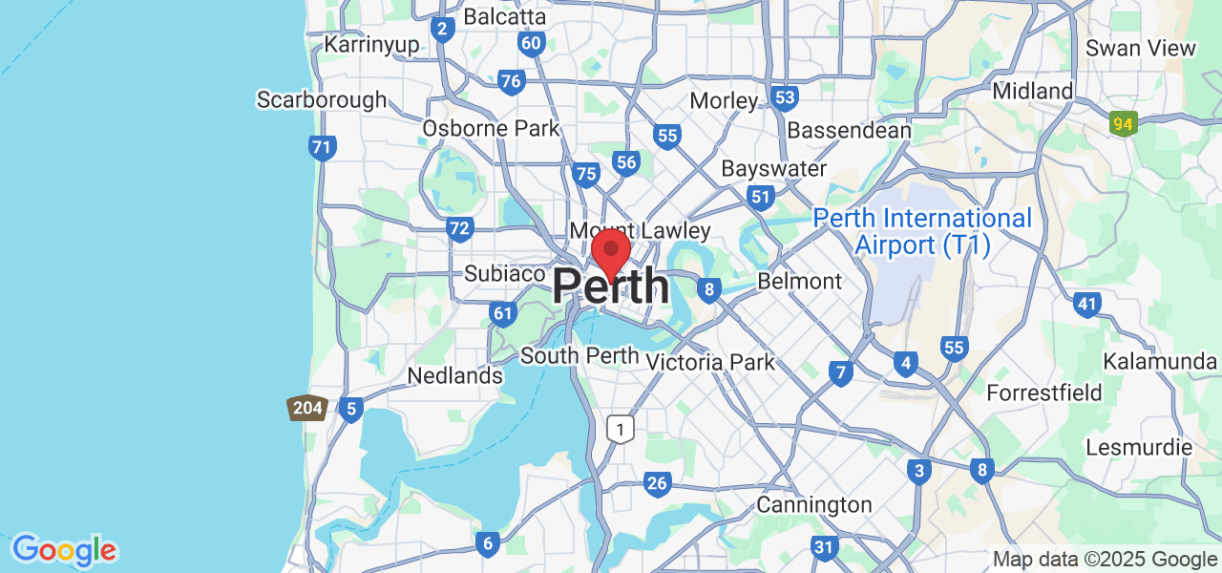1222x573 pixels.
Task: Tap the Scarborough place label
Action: [x=322, y=99]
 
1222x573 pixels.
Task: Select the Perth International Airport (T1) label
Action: [x=922, y=232]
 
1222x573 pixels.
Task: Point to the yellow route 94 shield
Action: [x=1124, y=123]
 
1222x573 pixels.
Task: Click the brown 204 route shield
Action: [x=307, y=409]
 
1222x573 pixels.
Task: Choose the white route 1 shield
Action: [x=621, y=429]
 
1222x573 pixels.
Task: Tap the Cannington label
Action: [x=814, y=504]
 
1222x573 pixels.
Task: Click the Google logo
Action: [x=64, y=550]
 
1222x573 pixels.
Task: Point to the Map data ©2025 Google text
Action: [x=1105, y=560]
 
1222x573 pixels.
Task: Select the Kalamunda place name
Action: [x=1160, y=361]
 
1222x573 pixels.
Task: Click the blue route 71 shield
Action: [x=323, y=148]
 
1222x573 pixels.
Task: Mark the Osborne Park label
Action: [x=492, y=128]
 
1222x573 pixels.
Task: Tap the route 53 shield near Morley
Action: [x=786, y=97]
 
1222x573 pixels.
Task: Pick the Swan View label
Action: [x=1140, y=48]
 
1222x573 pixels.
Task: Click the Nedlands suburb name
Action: [x=454, y=376]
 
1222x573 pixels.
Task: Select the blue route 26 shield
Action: [x=657, y=483]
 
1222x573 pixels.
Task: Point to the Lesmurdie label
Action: [x=1139, y=447]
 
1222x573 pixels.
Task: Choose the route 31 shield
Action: [x=824, y=547]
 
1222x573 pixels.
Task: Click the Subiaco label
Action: [x=504, y=273]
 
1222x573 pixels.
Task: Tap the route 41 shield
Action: [x=1086, y=305]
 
